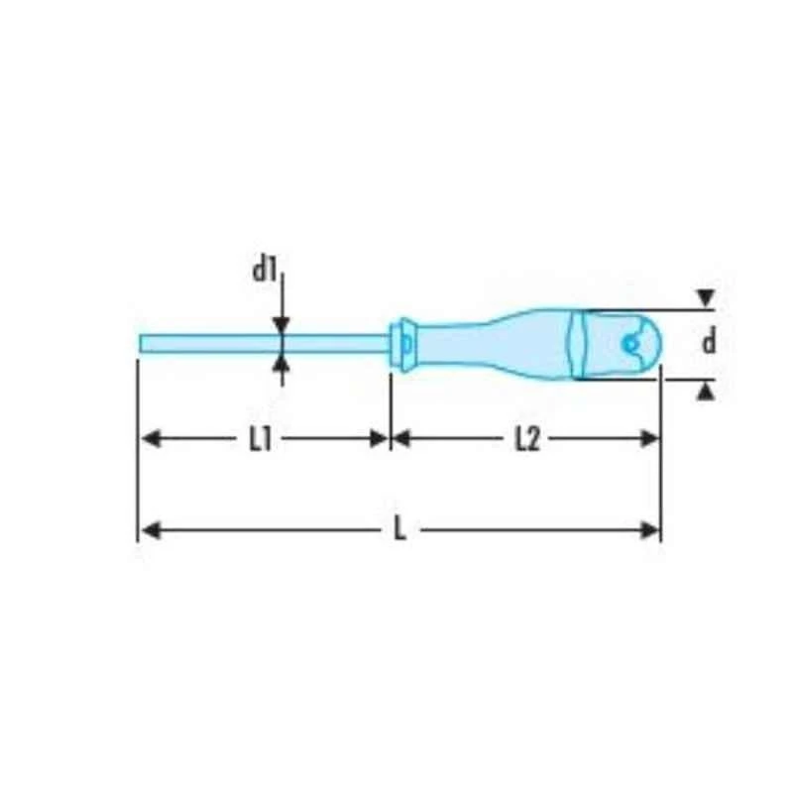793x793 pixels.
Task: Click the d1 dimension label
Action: point(262,269)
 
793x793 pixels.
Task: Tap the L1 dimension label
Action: point(261,439)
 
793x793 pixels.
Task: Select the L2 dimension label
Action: point(526,439)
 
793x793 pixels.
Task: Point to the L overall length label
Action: point(399,530)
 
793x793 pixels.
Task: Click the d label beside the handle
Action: point(708,343)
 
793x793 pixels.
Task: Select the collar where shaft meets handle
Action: point(404,343)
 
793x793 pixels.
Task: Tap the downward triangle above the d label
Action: point(705,297)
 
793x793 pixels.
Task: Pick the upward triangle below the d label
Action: point(705,392)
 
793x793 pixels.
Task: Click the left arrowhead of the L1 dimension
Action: point(150,439)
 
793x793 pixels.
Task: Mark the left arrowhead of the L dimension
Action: point(150,530)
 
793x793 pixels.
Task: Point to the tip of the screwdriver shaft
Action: point(142,343)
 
